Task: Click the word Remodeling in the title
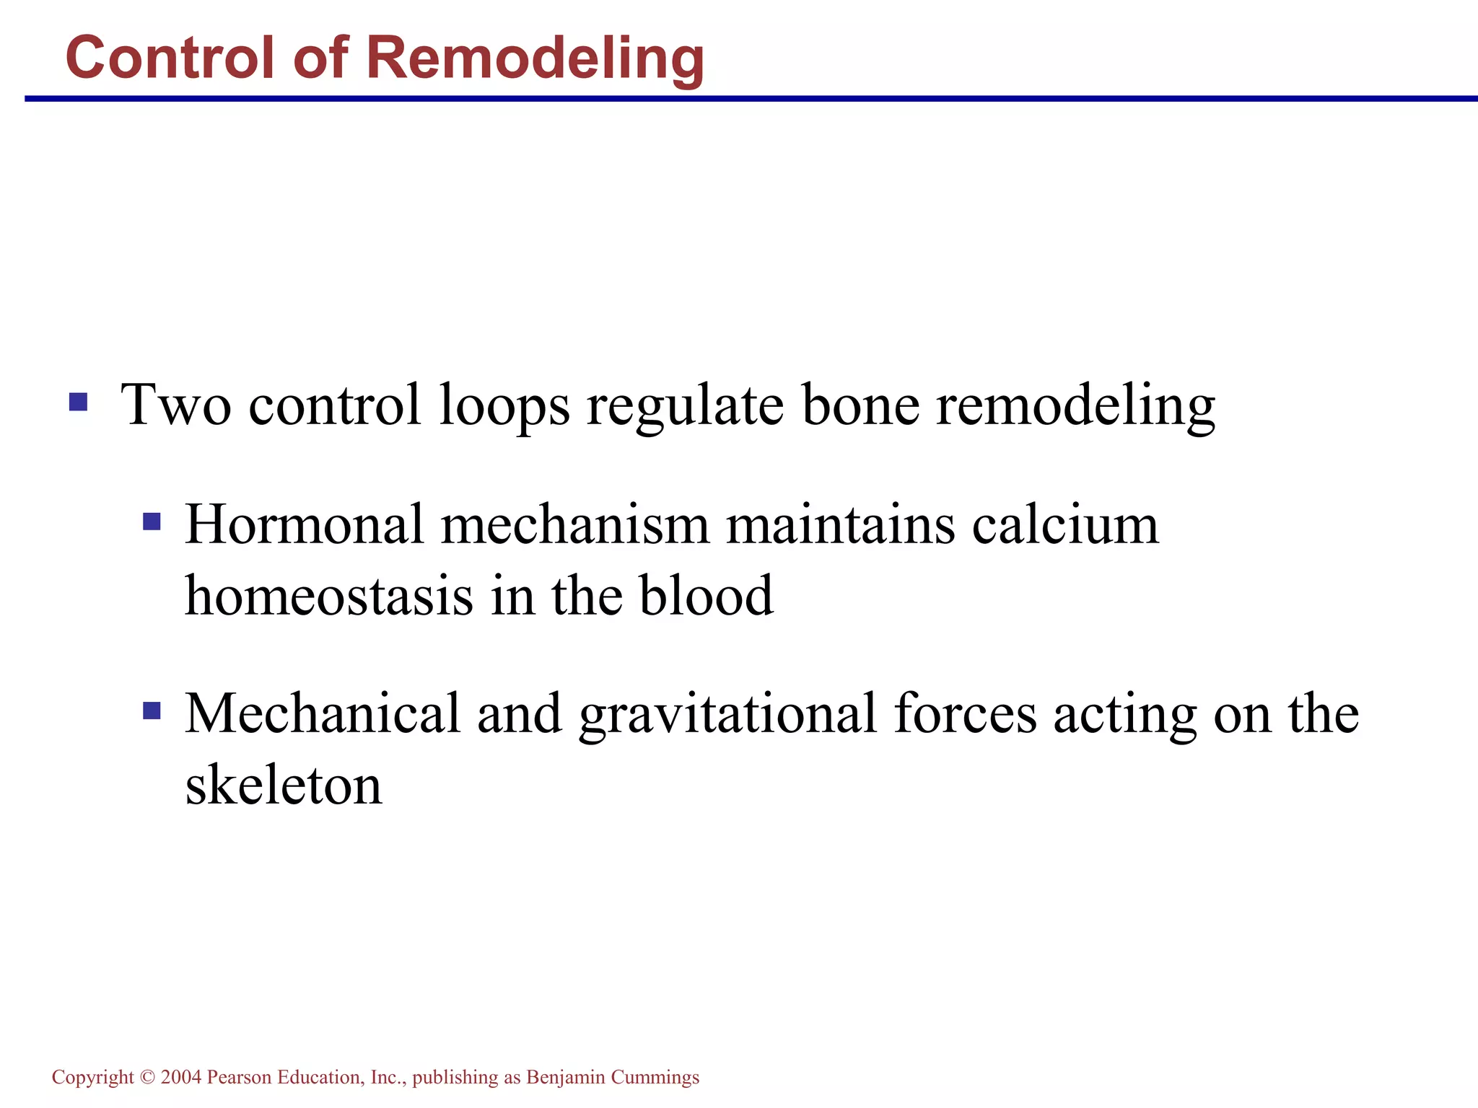(535, 58)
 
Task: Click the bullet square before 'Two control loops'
(78, 402)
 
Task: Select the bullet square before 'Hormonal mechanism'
(152, 521)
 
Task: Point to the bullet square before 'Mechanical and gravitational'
(152, 711)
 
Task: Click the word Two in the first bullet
(176, 404)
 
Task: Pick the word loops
(504, 405)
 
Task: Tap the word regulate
(685, 405)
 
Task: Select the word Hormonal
(304, 524)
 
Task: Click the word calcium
(1065, 524)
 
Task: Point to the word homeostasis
(329, 596)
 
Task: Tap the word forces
(965, 714)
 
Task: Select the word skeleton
(284, 785)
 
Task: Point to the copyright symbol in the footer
(148, 1077)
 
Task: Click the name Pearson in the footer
(239, 1077)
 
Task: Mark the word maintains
(840, 524)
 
